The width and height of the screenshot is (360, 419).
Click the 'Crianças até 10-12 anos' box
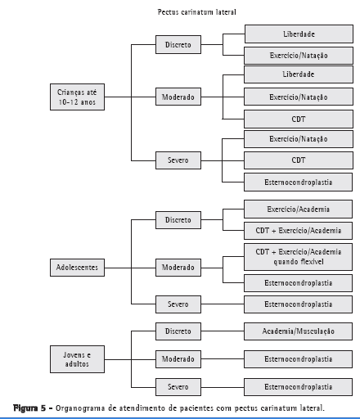[x=77, y=97]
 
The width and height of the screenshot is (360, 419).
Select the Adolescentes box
[x=77, y=268]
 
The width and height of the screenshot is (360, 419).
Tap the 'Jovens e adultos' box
[x=77, y=359]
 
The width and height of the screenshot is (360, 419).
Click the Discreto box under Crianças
[x=178, y=44]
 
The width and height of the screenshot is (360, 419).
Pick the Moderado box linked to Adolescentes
[x=178, y=268]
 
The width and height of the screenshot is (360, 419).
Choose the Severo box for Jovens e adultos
[x=178, y=387]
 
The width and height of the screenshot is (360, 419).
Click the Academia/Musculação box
[x=298, y=331]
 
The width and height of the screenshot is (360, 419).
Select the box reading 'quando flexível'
[x=298, y=257]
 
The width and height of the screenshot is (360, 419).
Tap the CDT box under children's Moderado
[x=299, y=119]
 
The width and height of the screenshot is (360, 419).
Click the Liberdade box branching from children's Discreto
[x=299, y=34]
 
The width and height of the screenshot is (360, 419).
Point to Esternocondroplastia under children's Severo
[x=298, y=182]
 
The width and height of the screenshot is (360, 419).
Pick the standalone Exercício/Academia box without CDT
[x=298, y=209]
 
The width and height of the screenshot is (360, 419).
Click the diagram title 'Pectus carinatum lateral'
[x=196, y=12]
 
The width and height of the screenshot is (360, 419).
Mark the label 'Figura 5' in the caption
[x=29, y=408]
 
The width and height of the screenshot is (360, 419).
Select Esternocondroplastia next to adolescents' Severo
[x=298, y=304]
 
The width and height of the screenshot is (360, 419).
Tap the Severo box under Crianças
[x=178, y=160]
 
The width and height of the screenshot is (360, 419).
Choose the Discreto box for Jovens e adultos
[x=178, y=331]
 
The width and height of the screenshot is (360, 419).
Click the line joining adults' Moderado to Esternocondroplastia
[x=223, y=359]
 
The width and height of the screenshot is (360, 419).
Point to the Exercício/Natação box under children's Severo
[x=299, y=139]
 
